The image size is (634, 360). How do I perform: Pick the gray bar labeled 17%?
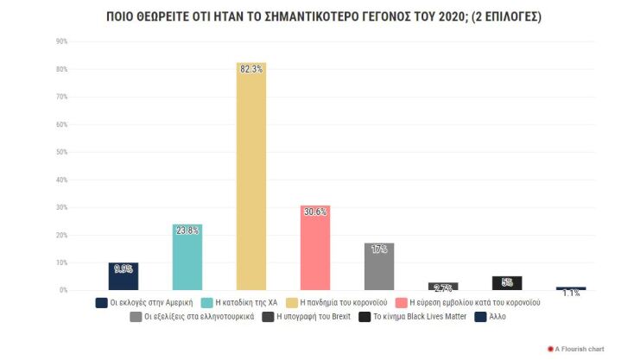pyautogui.click(x=379, y=267)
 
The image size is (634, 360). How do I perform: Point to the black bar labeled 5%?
pyautogui.click(x=507, y=283)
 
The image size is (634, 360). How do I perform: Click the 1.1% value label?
pyautogui.click(x=571, y=294)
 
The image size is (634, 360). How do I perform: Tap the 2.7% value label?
pyautogui.click(x=443, y=288)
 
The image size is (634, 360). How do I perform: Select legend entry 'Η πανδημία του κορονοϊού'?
pyautogui.click(x=345, y=303)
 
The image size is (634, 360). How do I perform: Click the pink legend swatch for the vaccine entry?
pyautogui.click(x=400, y=303)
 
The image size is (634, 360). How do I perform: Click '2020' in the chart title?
pyautogui.click(x=434, y=16)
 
